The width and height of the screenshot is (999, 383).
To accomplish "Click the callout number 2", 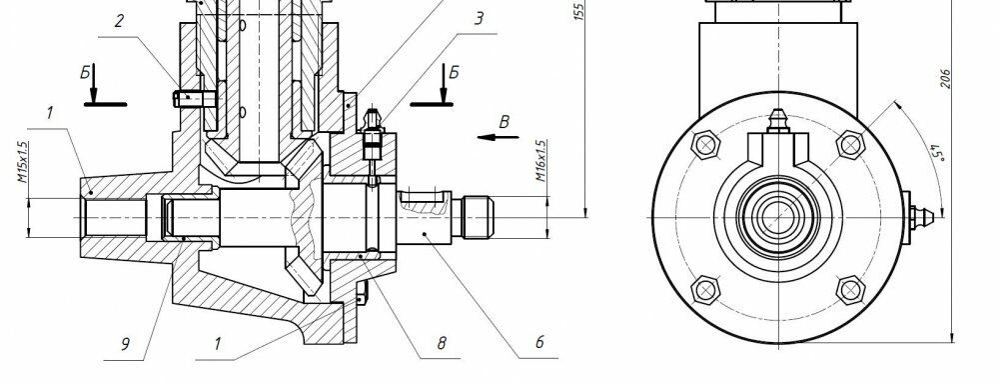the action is (119, 21).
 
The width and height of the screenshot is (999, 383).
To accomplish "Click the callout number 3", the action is (480, 18).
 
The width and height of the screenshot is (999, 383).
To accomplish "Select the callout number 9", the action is (126, 344).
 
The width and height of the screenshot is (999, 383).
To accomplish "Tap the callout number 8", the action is (442, 343).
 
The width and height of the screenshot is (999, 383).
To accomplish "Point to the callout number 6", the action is (539, 342).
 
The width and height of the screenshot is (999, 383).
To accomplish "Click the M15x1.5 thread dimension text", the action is (22, 163).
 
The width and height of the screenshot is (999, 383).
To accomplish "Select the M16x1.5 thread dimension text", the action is (540, 161).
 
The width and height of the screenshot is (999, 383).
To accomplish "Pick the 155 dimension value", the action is (578, 11).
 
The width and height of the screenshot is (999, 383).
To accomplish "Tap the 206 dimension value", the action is (945, 78).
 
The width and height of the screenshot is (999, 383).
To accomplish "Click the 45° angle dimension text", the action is (937, 154).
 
